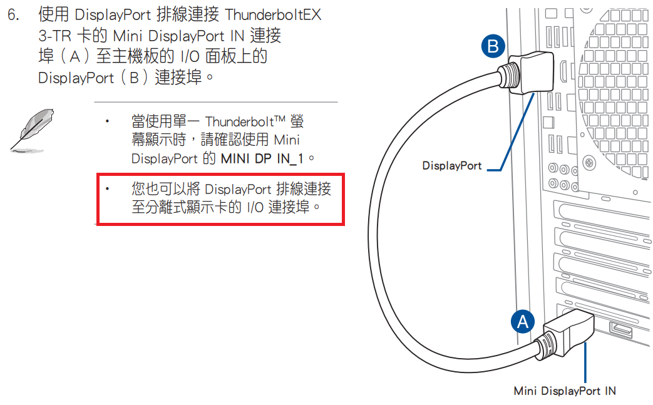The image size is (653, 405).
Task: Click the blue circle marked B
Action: pyautogui.click(x=493, y=46)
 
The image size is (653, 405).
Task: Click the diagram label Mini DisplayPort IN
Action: pyautogui.click(x=565, y=391)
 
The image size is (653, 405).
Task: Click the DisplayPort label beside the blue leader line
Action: pyautogui.click(x=452, y=166)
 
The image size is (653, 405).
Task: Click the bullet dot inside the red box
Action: pyautogui.click(x=107, y=188)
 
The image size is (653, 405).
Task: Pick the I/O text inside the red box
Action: pyautogui.click(x=254, y=207)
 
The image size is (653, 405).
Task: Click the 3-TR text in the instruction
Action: pyautogui.click(x=54, y=36)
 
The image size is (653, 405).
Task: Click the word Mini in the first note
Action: pyautogui.click(x=287, y=140)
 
